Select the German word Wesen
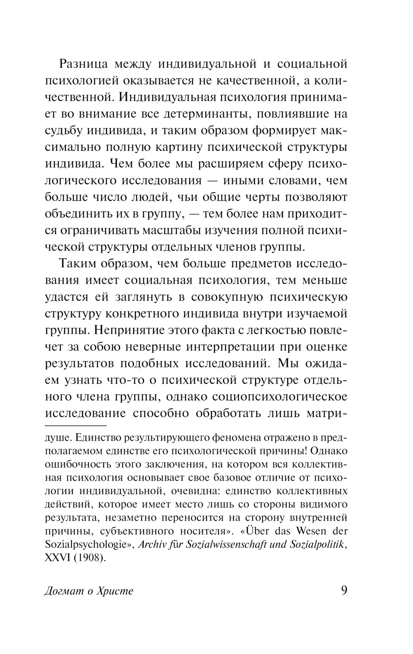coord(300,531)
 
